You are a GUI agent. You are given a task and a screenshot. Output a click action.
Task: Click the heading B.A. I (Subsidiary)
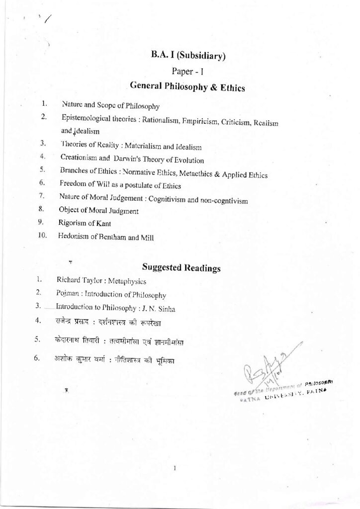(x=188, y=55)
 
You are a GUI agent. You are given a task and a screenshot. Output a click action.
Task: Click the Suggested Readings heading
(x=181, y=268)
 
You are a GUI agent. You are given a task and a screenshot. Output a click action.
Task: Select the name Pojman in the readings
(x=67, y=294)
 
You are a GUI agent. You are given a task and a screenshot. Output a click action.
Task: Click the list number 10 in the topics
(x=42, y=237)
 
